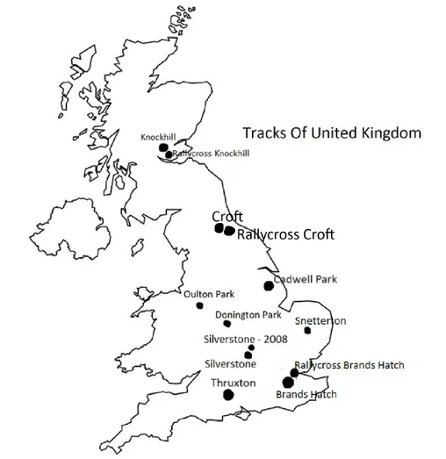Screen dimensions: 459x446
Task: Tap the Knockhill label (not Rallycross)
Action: [159, 137]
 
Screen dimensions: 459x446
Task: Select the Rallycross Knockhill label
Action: [211, 153]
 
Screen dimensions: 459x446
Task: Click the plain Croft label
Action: [227, 216]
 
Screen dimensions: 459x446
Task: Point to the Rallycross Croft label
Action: [287, 234]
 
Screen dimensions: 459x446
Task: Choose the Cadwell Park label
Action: [305, 279]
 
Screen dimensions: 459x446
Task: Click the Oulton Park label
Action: [209, 294]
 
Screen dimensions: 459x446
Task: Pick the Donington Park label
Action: [248, 314]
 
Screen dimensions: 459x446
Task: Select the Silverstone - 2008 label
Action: [244, 338]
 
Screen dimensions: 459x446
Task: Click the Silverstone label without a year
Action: [230, 362]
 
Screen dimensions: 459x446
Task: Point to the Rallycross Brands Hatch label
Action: [349, 364]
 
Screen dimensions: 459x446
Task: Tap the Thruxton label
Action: [233, 384]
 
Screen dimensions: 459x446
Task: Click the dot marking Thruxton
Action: [228, 395]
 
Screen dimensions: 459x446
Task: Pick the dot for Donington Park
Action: [227, 323]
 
